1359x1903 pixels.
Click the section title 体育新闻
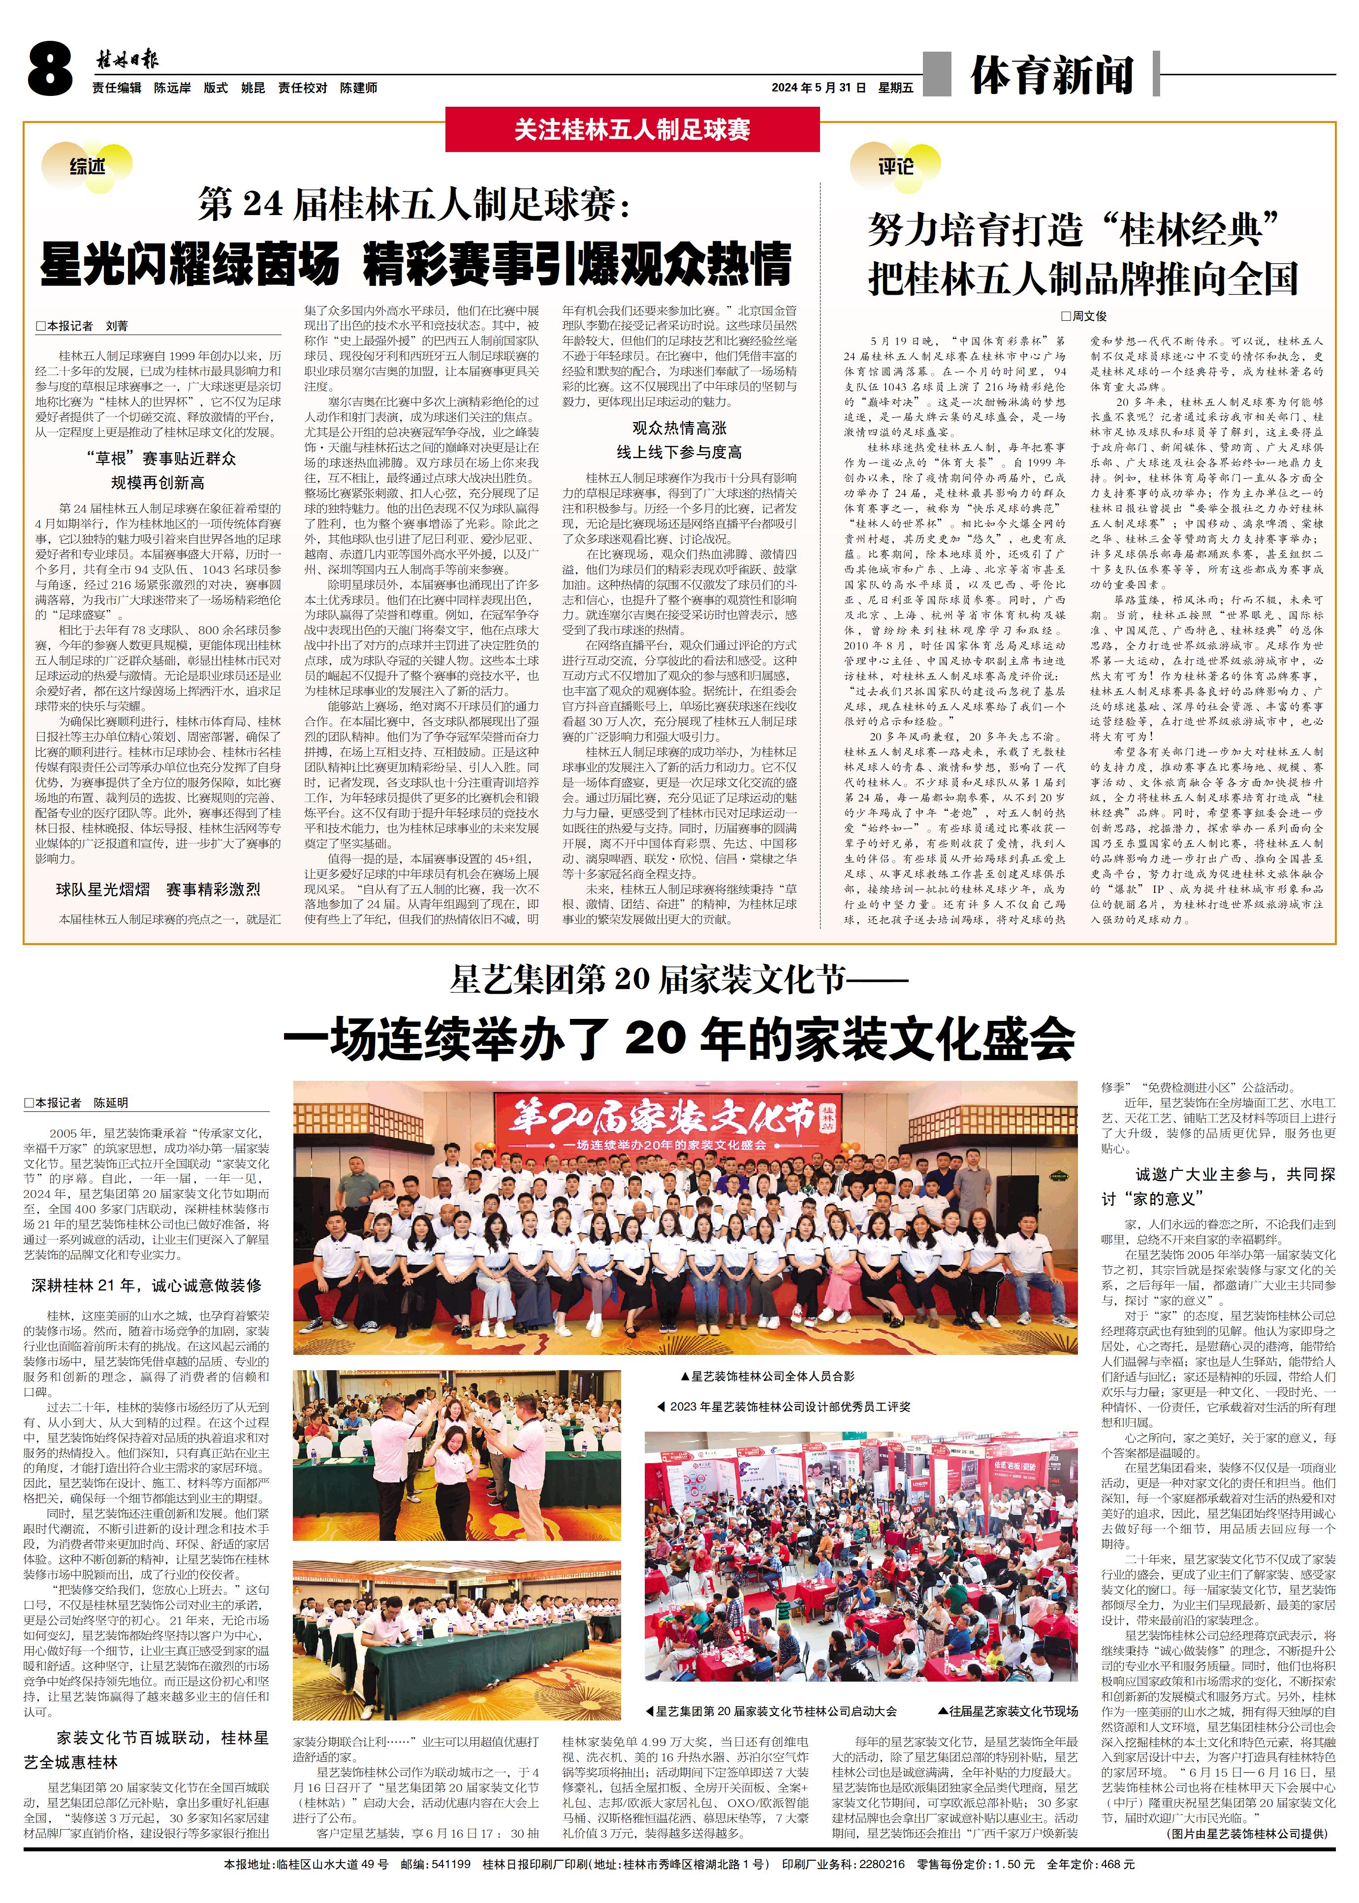(x=1052, y=75)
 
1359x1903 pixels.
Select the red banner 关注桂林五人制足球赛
(x=632, y=130)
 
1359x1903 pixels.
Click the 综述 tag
(x=87, y=166)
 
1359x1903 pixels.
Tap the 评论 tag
(x=895, y=166)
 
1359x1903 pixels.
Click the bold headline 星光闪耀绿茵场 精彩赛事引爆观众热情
(x=416, y=264)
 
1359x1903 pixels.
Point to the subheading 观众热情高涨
(x=679, y=429)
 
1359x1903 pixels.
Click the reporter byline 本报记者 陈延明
(x=76, y=1103)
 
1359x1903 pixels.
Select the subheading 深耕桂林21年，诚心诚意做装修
(x=147, y=1285)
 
